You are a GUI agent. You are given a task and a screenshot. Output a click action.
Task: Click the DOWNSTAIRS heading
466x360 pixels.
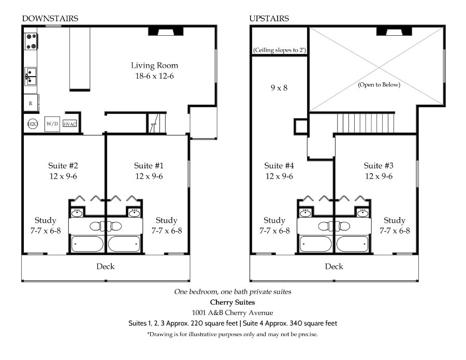(x=50, y=19)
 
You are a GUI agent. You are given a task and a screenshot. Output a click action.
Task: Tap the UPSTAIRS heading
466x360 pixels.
(x=269, y=19)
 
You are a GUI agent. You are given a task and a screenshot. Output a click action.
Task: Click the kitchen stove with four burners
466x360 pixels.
(x=31, y=41)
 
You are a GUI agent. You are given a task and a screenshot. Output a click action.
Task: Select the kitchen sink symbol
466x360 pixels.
(x=31, y=76)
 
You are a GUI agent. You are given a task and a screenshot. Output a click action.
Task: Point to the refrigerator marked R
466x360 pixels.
(x=31, y=103)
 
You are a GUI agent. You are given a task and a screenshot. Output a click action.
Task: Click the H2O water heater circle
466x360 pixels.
(x=33, y=124)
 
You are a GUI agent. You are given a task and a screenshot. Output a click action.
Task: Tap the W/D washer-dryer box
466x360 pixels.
(x=52, y=124)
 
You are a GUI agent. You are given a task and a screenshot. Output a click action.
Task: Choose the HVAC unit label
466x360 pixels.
(x=70, y=124)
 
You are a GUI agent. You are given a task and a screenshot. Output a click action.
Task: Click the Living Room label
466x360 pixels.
(x=154, y=65)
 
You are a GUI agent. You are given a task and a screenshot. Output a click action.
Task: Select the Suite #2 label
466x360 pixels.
(x=63, y=166)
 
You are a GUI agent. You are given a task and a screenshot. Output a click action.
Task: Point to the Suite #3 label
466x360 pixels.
(x=378, y=166)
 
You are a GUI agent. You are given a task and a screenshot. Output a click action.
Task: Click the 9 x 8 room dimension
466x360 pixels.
(x=279, y=88)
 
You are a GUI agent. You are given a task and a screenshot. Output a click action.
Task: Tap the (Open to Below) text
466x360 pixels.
(x=379, y=85)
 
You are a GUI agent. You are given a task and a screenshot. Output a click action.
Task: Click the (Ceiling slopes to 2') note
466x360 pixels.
(x=280, y=50)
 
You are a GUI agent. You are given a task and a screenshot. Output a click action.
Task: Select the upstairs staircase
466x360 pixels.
(x=366, y=123)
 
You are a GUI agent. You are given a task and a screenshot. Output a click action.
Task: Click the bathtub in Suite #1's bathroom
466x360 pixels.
(x=124, y=244)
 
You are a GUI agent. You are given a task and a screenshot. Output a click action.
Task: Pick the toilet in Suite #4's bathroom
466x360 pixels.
(x=326, y=226)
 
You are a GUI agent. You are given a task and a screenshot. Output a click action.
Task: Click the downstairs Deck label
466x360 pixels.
(x=106, y=266)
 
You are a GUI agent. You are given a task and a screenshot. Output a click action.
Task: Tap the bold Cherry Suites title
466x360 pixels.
(x=232, y=303)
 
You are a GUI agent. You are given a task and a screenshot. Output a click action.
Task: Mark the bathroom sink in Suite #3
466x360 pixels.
(x=362, y=212)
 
